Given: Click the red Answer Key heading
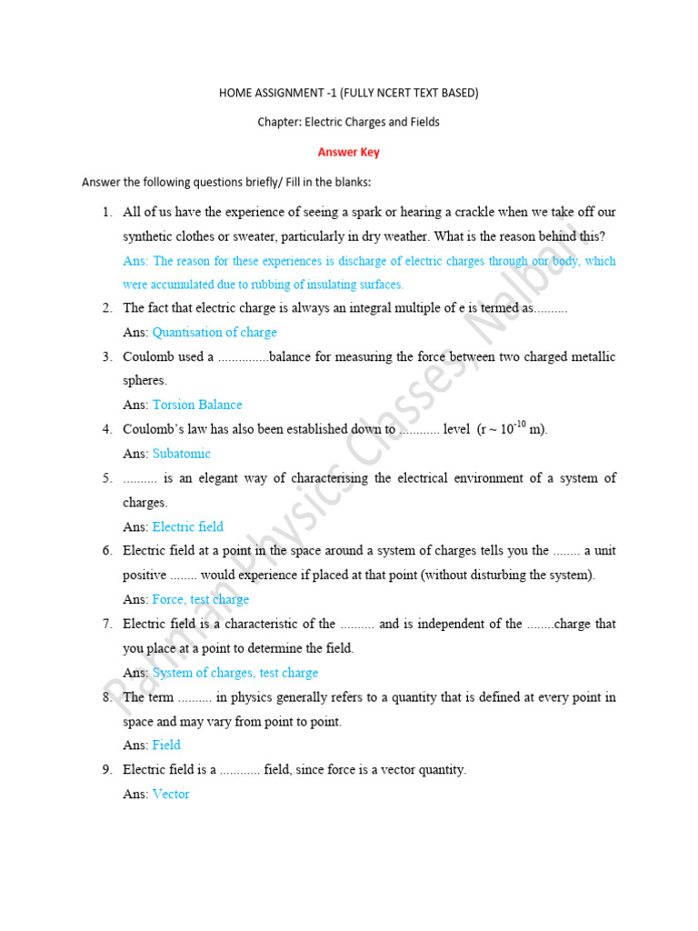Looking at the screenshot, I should (349, 153).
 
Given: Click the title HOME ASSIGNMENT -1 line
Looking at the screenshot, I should (349, 93).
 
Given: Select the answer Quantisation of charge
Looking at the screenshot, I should (214, 333).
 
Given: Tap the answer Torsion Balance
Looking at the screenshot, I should (197, 405).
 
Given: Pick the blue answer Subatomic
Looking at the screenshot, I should (182, 454).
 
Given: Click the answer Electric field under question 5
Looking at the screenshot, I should (188, 526).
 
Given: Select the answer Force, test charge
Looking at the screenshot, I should (201, 599).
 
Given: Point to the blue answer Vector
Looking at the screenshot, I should (171, 794).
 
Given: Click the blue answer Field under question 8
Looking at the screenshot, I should (166, 745).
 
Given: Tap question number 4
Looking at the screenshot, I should (106, 429).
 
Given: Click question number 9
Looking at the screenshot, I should (106, 769).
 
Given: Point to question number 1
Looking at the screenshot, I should (106, 212).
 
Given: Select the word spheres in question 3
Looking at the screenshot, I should (145, 381).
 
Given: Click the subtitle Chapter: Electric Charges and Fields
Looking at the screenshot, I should (349, 122).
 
